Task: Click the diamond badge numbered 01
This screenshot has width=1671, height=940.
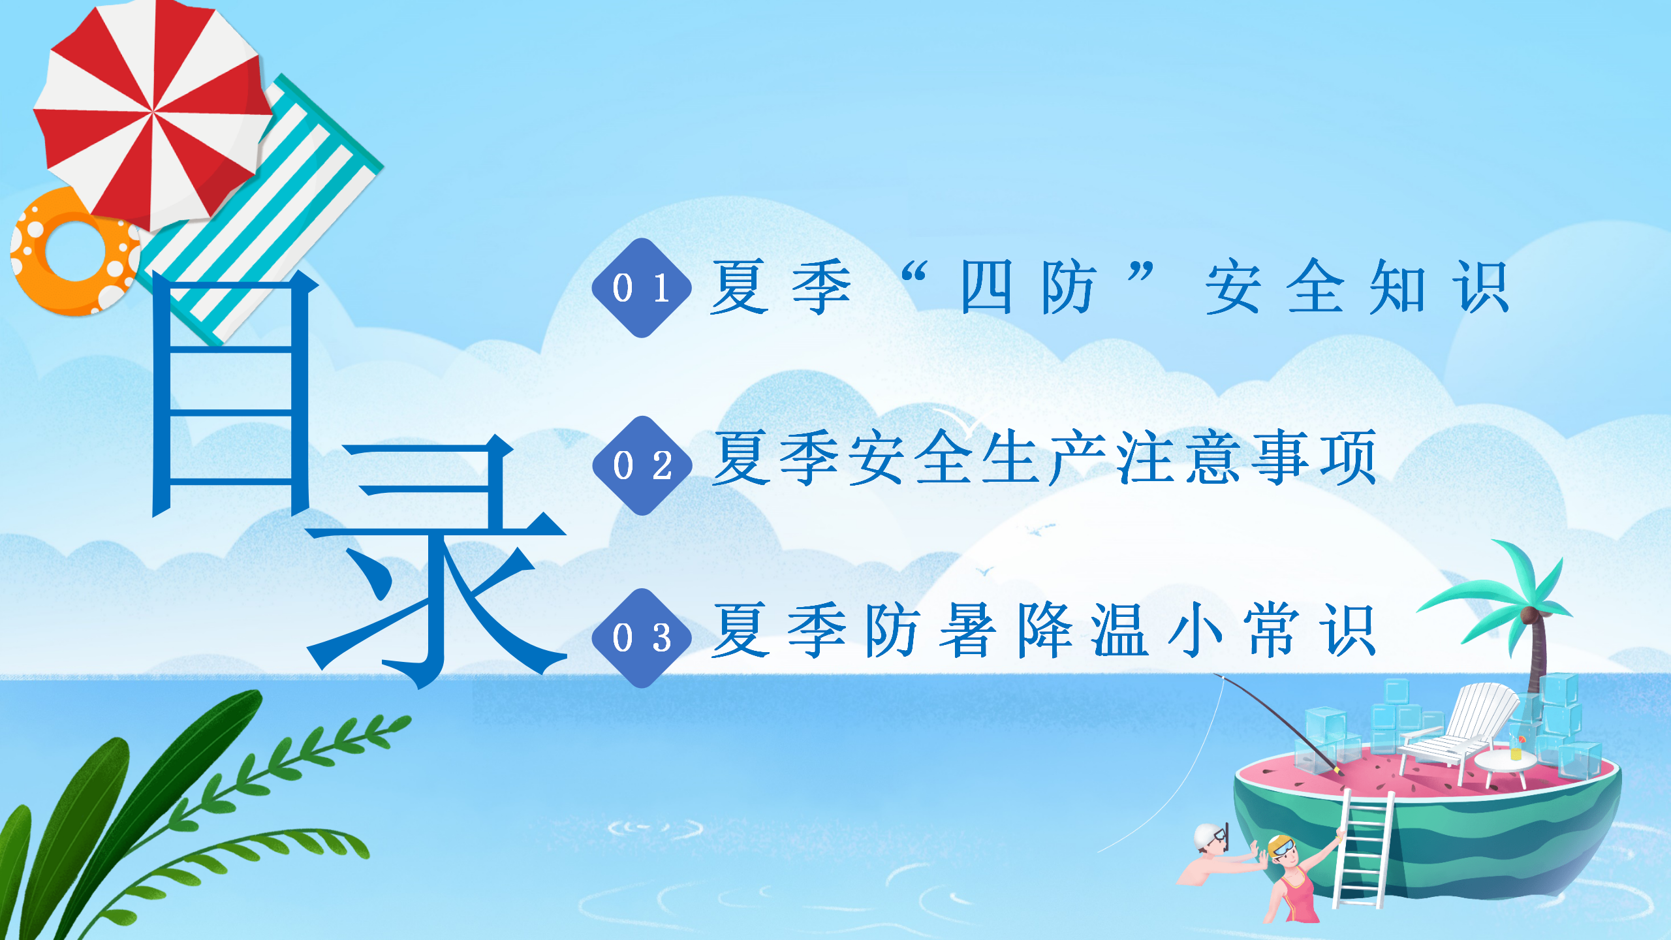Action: (x=642, y=288)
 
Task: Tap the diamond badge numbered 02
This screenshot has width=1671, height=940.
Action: (x=642, y=465)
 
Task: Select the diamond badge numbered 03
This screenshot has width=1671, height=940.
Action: (x=642, y=638)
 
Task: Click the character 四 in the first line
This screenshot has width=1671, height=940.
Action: (x=986, y=287)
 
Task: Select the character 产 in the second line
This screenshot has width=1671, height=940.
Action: (x=1077, y=458)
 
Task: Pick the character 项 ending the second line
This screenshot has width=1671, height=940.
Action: (x=1349, y=458)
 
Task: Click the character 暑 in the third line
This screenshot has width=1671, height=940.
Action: (x=967, y=630)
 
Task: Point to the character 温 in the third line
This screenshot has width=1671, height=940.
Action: (x=1120, y=630)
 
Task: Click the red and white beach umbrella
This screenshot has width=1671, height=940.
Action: (x=153, y=112)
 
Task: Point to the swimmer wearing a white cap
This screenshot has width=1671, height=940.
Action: (x=1214, y=855)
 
